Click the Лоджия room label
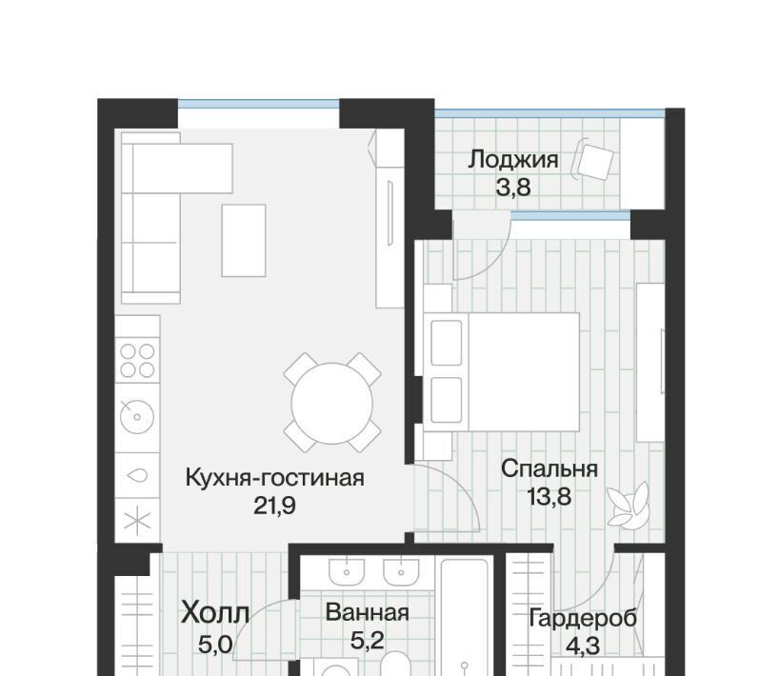pos(513,161)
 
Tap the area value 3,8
pos(513,188)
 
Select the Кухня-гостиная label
pos(274,478)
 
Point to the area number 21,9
pos(274,506)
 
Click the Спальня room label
pos(549,468)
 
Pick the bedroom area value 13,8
pos(549,496)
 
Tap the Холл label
pos(214,612)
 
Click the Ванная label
pos(368,612)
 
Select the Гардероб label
pos(583,618)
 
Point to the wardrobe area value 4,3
pos(583,646)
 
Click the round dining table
pos(331,404)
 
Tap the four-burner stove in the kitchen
pos(138,360)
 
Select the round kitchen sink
pos(137,416)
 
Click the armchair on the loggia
pos(593,162)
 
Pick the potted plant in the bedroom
pos(628,505)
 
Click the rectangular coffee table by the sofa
pos(244,240)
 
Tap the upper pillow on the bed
pos(446,343)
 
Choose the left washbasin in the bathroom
pos(347,571)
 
